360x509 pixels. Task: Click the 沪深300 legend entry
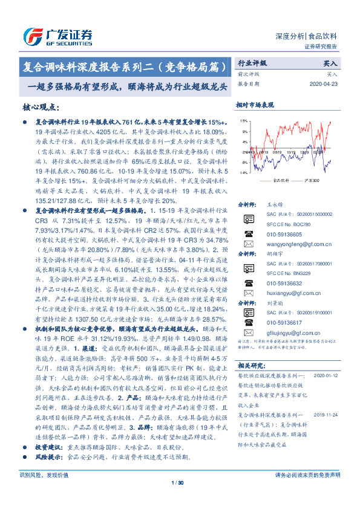click(x=310, y=180)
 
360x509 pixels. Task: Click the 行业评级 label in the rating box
click(x=251, y=63)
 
